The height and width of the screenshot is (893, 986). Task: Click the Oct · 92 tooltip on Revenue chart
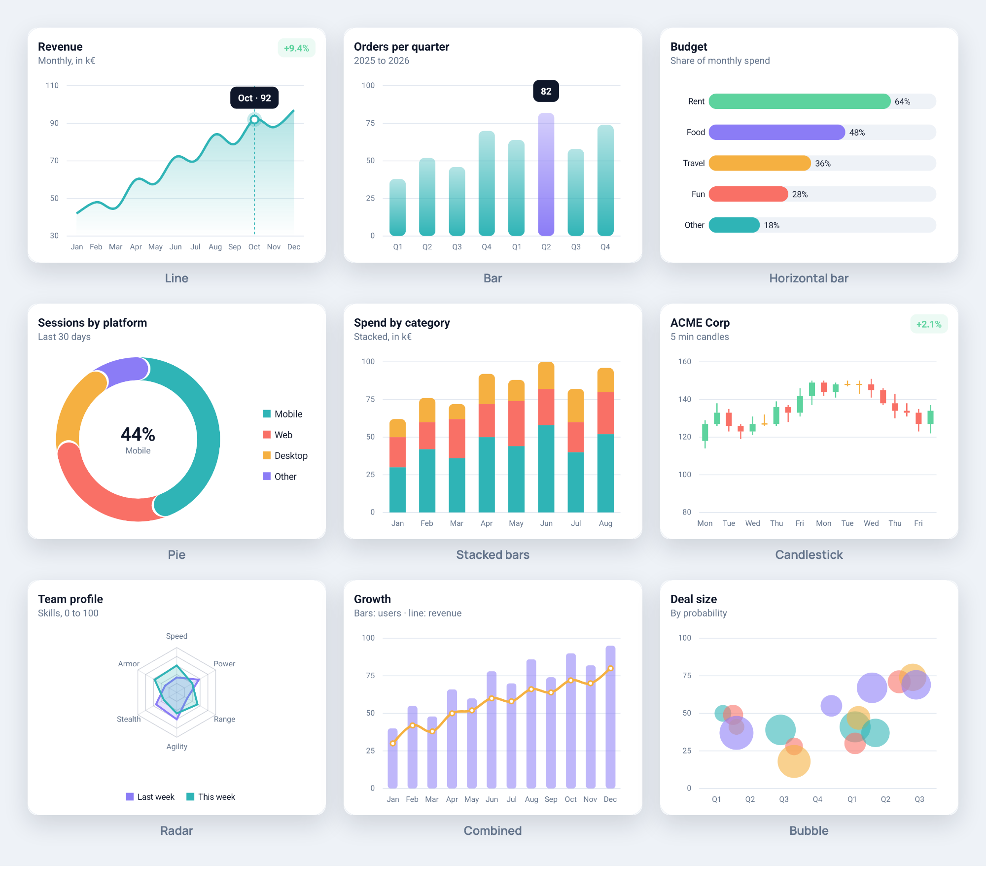coord(254,98)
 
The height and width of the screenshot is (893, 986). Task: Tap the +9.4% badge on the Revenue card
coord(296,48)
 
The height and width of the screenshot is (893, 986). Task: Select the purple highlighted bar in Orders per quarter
coord(546,174)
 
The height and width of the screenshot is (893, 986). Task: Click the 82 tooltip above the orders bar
coord(546,91)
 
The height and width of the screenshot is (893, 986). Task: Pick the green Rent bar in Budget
coord(799,101)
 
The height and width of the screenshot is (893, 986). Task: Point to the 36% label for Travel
coord(822,163)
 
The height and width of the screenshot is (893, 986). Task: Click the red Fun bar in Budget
coord(748,194)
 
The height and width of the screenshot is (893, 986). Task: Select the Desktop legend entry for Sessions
coord(285,455)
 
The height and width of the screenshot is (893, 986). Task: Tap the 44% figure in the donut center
coord(138,434)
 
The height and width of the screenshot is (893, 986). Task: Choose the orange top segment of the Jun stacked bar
coord(546,376)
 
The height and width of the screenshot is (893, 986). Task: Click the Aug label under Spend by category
coord(605,523)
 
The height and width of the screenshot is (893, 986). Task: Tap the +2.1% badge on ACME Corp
coord(929,324)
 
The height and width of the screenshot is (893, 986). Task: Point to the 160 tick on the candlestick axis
coord(684,362)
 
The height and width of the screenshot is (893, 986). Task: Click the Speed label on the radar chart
coord(176,636)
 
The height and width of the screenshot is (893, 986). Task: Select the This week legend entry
coord(211,797)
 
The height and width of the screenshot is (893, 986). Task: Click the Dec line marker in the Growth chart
coord(610,668)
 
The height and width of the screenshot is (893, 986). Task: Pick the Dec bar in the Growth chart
coord(610,717)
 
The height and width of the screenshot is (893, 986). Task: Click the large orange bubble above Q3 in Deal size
coord(794,761)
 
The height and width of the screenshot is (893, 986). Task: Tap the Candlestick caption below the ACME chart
coord(809,554)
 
